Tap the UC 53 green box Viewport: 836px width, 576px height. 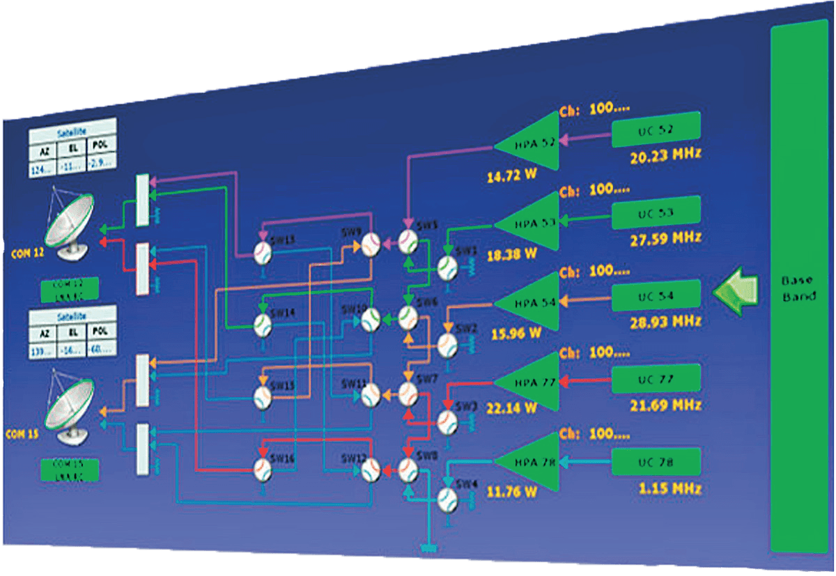(x=656, y=212)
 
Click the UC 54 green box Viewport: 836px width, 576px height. (x=656, y=295)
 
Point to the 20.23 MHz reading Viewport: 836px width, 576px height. (x=665, y=155)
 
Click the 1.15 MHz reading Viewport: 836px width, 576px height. (x=669, y=488)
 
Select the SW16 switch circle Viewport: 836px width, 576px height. (x=262, y=467)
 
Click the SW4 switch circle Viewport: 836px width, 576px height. (x=447, y=496)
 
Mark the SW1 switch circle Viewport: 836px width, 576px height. (x=447, y=267)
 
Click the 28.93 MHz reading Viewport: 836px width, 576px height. (x=665, y=322)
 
